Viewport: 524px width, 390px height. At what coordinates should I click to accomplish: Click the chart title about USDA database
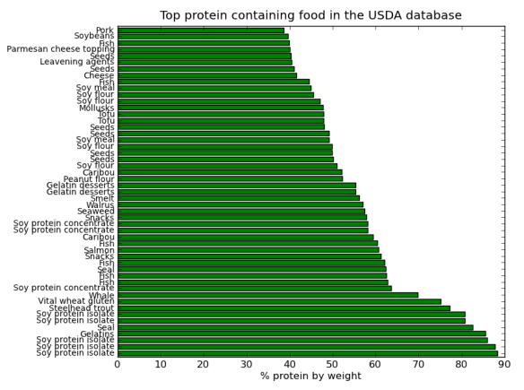[x=310, y=15]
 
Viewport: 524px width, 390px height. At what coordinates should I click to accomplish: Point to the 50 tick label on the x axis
[x=332, y=363]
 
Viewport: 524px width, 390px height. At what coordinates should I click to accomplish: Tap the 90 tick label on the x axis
[x=503, y=363]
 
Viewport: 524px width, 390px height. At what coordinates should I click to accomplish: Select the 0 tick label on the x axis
[x=118, y=363]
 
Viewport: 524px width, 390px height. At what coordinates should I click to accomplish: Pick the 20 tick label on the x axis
[x=203, y=363]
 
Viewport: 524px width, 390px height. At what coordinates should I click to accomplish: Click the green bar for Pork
[x=201, y=30]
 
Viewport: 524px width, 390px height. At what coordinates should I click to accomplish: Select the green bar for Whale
[x=267, y=294]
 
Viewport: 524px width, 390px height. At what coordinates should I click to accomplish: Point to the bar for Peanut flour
[x=230, y=178]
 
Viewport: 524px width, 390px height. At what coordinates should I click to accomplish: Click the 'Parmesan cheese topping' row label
[x=60, y=49]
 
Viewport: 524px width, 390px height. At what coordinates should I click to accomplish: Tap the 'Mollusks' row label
[x=95, y=108]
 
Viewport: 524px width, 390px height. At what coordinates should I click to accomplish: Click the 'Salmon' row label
[x=98, y=250]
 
